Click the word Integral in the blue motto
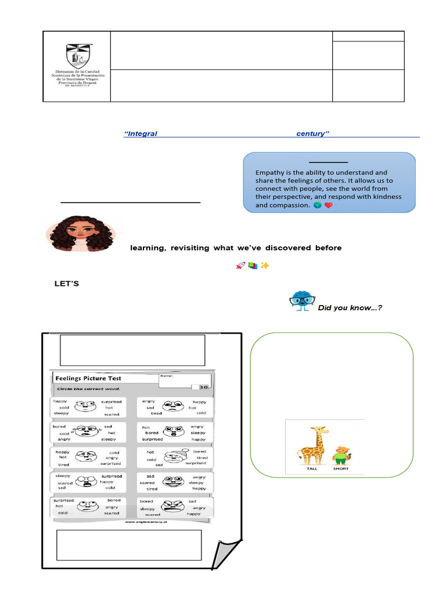[141, 134]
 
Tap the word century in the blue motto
[312, 134]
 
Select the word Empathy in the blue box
[271, 173]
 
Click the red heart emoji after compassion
[329, 206]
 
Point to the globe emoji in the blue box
[317, 206]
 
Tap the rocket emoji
[240, 266]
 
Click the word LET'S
[66, 284]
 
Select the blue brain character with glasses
[301, 301]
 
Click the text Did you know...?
[350, 308]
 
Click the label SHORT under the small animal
[341, 468]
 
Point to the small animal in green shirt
[341, 454]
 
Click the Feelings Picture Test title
[88, 378]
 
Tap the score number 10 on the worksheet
[204, 387]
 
